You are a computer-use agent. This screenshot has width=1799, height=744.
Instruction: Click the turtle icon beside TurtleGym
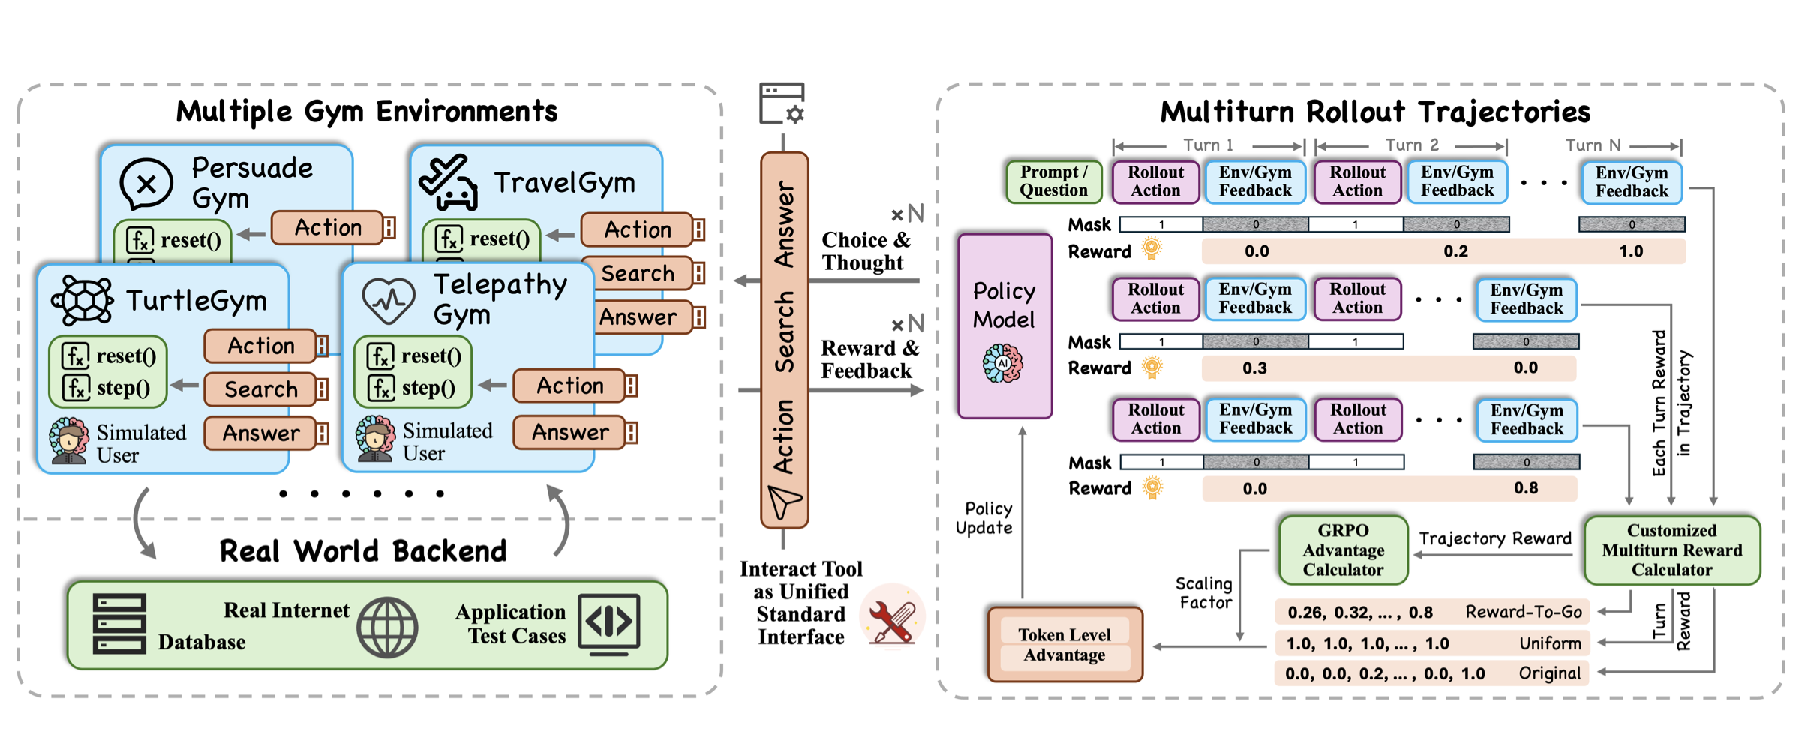pyautogui.click(x=83, y=300)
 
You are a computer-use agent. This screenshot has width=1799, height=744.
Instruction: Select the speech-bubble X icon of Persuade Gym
pyautogui.click(x=147, y=183)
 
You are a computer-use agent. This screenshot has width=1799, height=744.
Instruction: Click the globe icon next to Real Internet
pyautogui.click(x=387, y=627)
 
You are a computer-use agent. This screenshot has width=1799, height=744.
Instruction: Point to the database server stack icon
pyautogui.click(x=119, y=623)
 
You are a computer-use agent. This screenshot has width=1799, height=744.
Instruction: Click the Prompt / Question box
pyautogui.click(x=1053, y=181)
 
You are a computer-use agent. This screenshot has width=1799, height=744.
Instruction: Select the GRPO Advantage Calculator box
pyautogui.click(x=1343, y=550)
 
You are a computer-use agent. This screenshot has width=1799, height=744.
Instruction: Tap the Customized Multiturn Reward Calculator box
pyautogui.click(x=1671, y=550)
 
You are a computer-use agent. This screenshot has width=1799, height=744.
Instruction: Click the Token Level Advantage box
pyautogui.click(x=1065, y=645)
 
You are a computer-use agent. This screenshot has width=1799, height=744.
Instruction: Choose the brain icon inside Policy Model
pyautogui.click(x=1003, y=364)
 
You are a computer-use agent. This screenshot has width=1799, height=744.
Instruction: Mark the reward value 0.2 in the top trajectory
pyautogui.click(x=1455, y=251)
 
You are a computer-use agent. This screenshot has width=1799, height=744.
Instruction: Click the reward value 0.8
pyautogui.click(x=1526, y=489)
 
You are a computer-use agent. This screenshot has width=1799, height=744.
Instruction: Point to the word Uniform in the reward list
pyautogui.click(x=1550, y=643)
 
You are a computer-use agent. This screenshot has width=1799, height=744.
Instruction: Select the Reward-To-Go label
pyautogui.click(x=1523, y=613)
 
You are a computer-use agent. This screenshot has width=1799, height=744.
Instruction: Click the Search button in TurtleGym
pyautogui.click(x=261, y=389)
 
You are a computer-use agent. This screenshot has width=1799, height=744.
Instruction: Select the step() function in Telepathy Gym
pyautogui.click(x=428, y=388)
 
